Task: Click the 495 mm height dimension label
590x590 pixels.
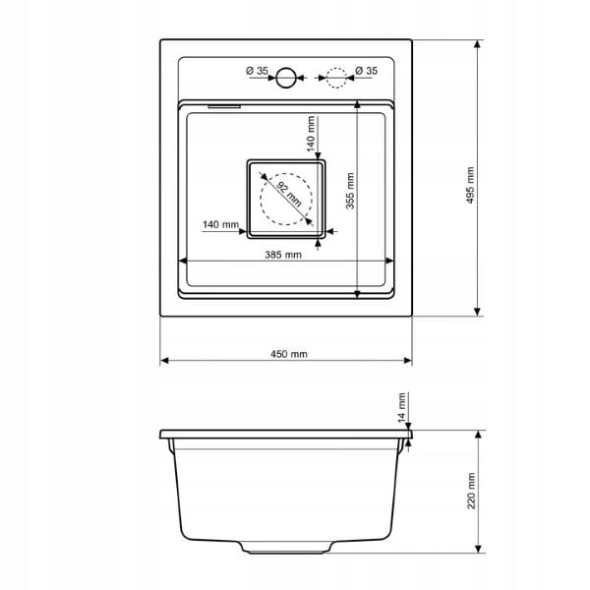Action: pyautogui.click(x=470, y=185)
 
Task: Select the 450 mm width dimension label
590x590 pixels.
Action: pyautogui.click(x=288, y=354)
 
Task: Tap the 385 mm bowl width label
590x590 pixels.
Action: pyautogui.click(x=283, y=255)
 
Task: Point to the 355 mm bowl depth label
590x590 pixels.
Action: pyautogui.click(x=350, y=191)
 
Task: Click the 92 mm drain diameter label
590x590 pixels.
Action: pyautogui.click(x=289, y=194)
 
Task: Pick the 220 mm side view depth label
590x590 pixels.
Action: pyautogui.click(x=471, y=491)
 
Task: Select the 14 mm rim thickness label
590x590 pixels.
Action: pyautogui.click(x=402, y=407)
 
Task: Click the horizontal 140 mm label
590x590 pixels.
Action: pyautogui.click(x=220, y=224)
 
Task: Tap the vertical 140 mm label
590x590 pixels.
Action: pyautogui.click(x=311, y=134)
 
